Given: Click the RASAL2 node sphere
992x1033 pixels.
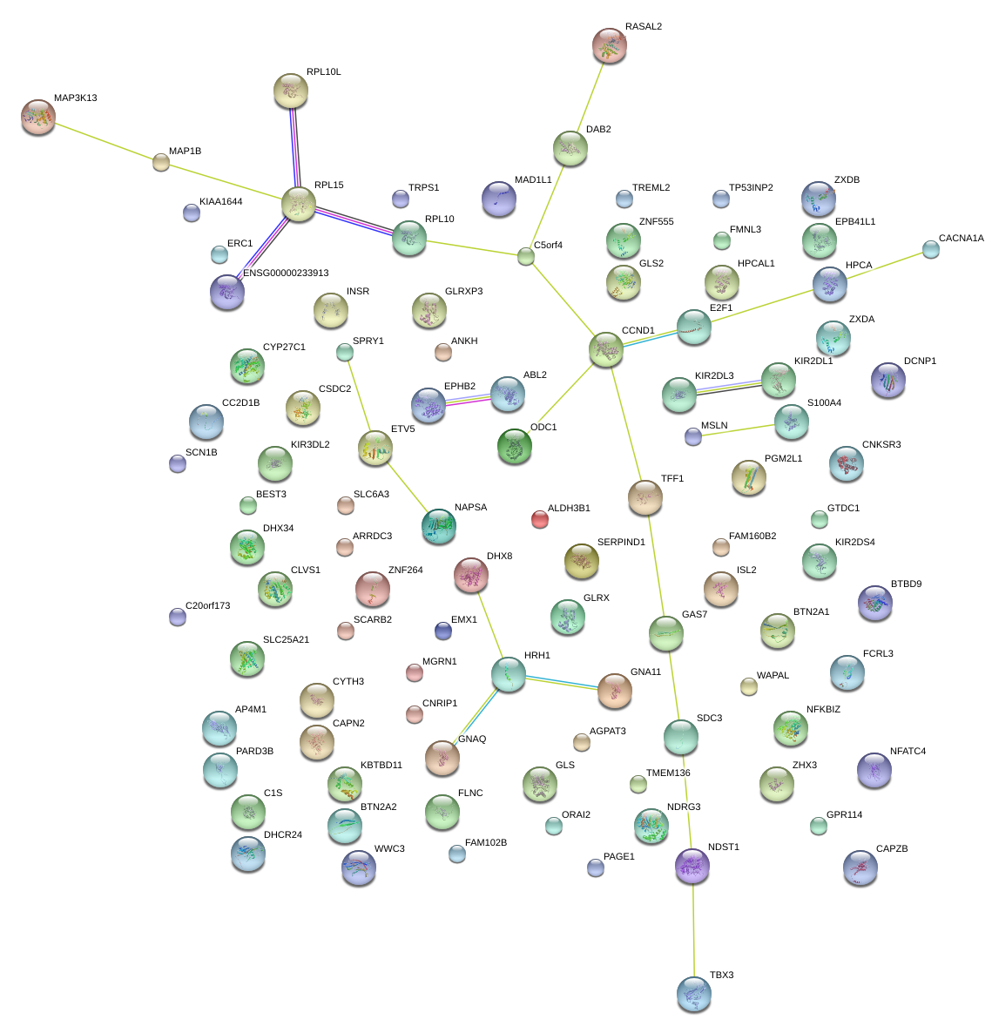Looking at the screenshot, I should click(x=609, y=45).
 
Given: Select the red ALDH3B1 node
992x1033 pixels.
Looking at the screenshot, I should click(x=540, y=519).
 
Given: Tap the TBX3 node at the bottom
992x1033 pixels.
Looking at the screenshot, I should click(x=693, y=994).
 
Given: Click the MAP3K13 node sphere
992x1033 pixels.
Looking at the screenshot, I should click(x=37, y=117).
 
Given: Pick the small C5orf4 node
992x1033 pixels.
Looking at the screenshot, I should click(x=526, y=256).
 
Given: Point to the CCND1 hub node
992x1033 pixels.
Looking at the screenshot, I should click(x=606, y=350).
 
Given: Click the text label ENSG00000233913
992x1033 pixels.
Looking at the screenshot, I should click(x=286, y=273).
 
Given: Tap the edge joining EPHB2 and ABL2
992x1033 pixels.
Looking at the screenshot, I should click(x=468, y=399).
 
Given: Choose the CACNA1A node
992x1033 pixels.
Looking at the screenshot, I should click(x=931, y=249).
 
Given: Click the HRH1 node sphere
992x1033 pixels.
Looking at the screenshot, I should click(x=509, y=674).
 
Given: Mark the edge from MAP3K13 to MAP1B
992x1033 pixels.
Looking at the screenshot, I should click(x=99, y=139).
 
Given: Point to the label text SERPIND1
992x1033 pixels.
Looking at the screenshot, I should click(x=621, y=543).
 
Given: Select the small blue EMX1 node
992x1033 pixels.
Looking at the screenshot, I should click(x=443, y=631).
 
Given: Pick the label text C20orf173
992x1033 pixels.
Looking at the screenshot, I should click(x=207, y=606).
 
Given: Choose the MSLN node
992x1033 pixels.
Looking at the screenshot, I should click(x=693, y=436).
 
